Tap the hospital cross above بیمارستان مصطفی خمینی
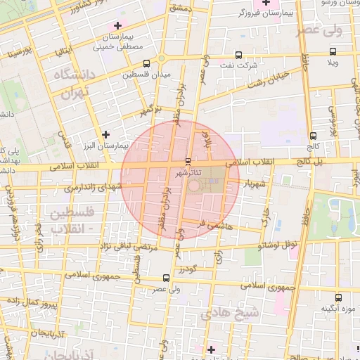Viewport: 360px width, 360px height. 117,25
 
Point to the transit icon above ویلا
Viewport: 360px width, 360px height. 333,52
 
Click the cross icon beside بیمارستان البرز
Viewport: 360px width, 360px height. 105,134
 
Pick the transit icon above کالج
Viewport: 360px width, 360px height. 311,136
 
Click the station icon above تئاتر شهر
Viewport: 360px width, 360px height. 187,161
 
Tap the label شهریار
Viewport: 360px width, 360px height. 255,184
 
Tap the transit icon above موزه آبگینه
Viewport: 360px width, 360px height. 338,297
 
